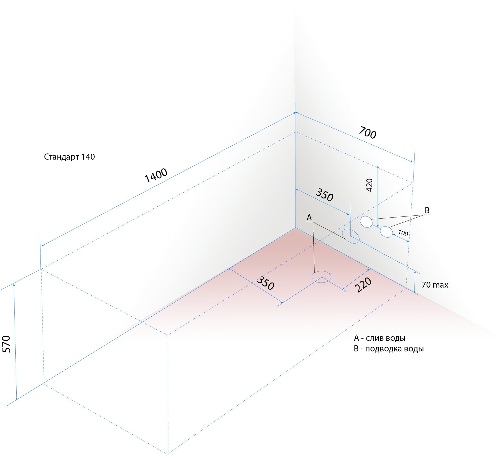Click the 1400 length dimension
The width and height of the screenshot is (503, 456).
point(156,175)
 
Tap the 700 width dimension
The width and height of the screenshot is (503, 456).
point(367,133)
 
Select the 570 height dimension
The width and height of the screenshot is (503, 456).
point(7,344)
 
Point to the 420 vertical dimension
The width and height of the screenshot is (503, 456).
point(369,185)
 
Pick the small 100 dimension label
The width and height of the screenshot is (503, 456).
point(403,233)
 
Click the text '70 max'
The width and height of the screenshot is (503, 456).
point(435,285)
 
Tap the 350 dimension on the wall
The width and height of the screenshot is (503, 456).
point(324,195)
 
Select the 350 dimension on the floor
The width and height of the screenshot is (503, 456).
point(265,283)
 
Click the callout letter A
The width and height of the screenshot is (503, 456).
point(309,217)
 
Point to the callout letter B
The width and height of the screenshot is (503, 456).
point(427,210)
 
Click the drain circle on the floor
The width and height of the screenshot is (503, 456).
point(321,277)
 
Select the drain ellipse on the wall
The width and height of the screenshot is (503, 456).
point(351,236)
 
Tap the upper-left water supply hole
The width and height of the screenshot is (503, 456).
point(366,222)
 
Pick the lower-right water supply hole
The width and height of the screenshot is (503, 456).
point(386,232)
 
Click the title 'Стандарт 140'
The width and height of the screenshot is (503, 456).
point(69,157)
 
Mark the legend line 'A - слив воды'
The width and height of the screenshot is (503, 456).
point(380,338)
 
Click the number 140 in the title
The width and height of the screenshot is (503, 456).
point(88,157)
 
